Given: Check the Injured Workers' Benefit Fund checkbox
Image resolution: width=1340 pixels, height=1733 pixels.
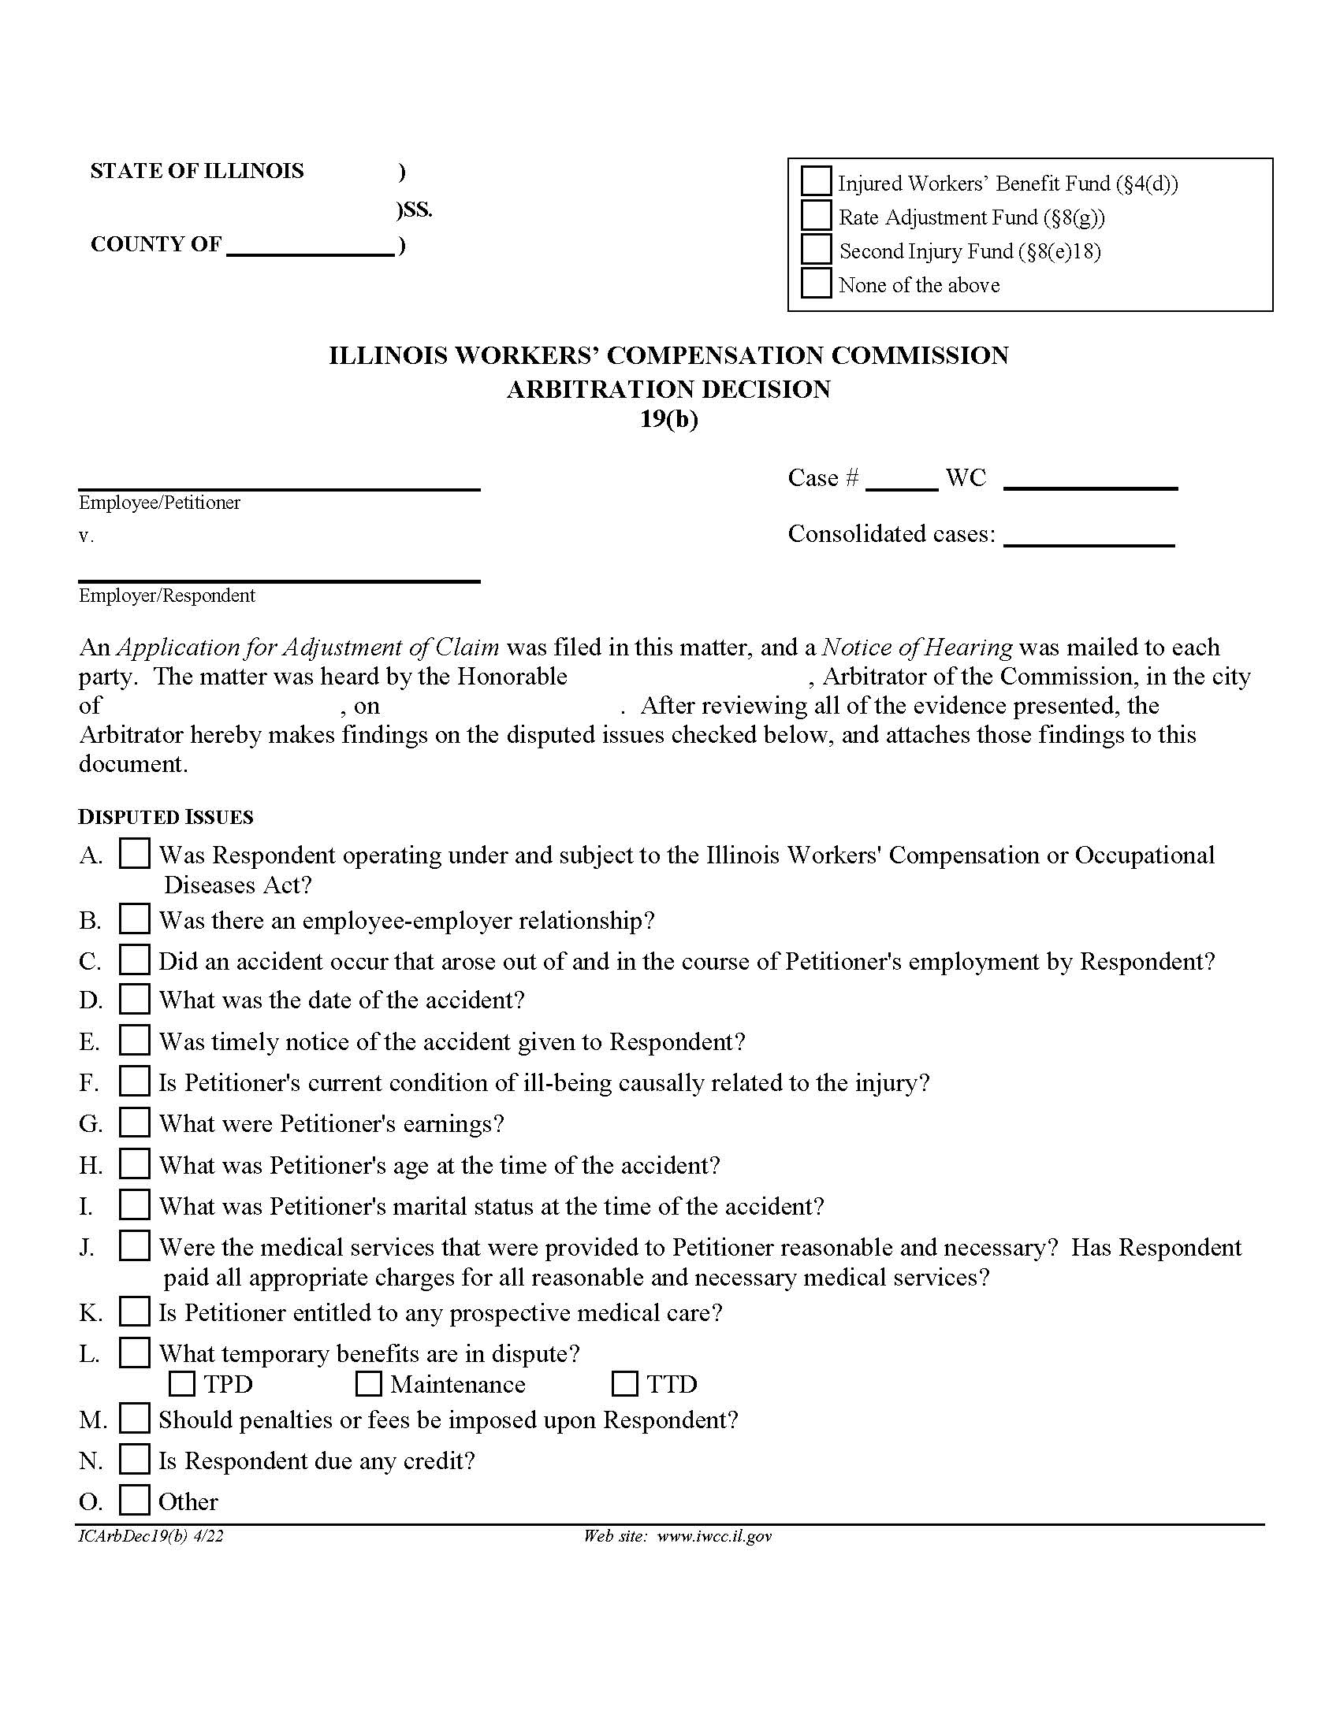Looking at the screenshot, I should point(815,181).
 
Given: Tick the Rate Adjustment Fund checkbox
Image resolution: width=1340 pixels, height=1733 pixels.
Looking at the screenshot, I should point(815,215).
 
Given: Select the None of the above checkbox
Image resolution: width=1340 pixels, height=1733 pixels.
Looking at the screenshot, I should point(815,284).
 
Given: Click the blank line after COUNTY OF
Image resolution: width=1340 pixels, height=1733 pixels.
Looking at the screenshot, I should point(311,246).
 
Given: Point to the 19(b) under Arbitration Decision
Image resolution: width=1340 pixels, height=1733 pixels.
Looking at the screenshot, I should point(668,418).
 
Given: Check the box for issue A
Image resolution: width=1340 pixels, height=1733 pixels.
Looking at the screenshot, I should point(134,854).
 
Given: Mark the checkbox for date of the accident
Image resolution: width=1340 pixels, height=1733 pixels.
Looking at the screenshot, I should point(134,999).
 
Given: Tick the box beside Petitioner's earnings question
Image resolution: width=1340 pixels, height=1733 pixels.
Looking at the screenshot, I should point(134,1123).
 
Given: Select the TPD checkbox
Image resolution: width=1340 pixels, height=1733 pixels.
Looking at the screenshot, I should point(182,1384).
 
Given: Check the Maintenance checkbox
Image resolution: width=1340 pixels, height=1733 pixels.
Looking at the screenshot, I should point(367,1384).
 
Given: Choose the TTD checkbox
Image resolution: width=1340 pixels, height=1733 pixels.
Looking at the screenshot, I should point(625,1384).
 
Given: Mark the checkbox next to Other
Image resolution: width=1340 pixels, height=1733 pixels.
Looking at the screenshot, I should point(134,1501).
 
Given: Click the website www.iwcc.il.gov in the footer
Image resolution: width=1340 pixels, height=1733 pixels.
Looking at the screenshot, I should point(713,1536).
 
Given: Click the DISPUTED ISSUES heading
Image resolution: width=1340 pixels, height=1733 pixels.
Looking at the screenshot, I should point(166,817).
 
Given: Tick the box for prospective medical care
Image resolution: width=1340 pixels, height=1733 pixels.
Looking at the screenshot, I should point(134,1312).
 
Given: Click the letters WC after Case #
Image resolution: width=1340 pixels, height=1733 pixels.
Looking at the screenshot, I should point(966,477).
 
